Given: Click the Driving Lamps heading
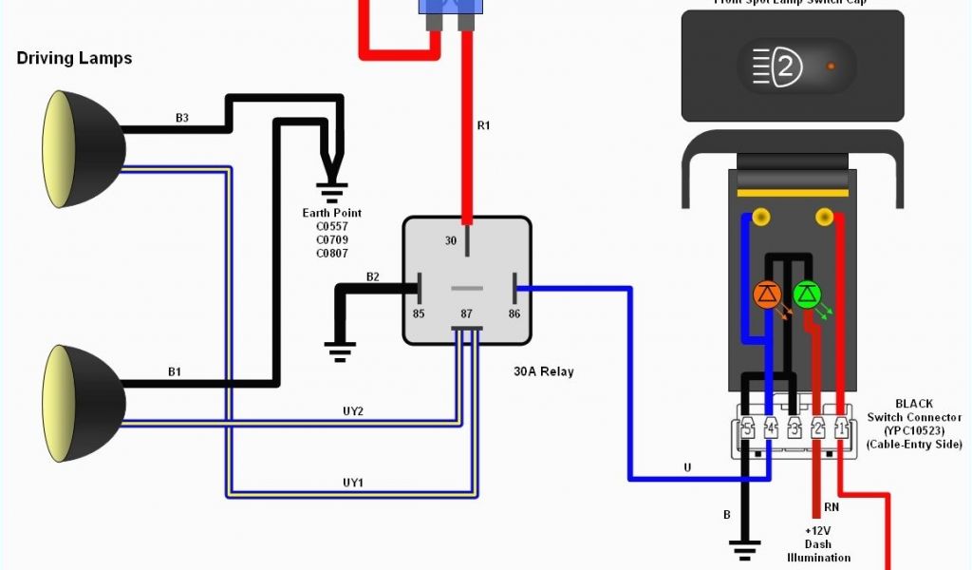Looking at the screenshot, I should click(x=74, y=58).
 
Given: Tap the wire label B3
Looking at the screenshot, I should click(x=182, y=118).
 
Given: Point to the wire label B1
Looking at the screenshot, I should click(x=175, y=371).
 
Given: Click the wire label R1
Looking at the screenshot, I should click(x=483, y=124).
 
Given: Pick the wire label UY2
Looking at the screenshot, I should click(x=353, y=411).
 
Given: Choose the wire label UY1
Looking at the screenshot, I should click(x=353, y=483).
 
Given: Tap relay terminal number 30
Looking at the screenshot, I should click(x=451, y=241).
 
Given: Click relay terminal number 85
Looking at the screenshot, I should click(x=419, y=313).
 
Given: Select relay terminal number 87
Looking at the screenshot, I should click(x=465, y=313).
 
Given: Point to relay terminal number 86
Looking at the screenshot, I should click(x=514, y=313).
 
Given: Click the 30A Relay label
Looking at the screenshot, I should click(x=544, y=371).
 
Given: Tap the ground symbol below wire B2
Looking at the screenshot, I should click(x=340, y=350).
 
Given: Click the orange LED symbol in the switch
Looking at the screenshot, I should click(x=767, y=294).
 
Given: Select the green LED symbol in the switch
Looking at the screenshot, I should click(x=808, y=294).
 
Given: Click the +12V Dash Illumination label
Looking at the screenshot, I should click(x=817, y=544).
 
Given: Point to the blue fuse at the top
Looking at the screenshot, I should click(x=449, y=8).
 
